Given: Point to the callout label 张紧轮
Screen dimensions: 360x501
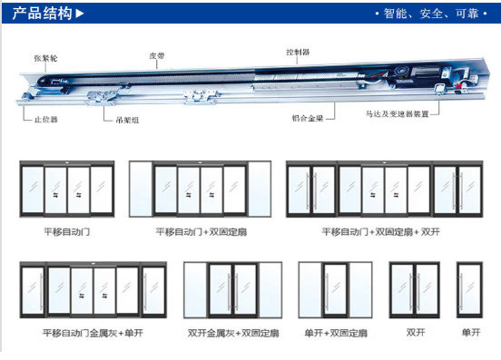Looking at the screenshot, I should (46, 57).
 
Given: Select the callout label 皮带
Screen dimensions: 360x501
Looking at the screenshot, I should (158, 55).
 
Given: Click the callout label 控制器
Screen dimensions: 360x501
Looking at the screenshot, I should (299, 53).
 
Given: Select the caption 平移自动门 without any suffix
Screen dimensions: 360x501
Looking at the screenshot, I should (66, 232).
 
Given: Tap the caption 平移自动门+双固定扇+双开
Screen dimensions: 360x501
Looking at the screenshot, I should (374, 232).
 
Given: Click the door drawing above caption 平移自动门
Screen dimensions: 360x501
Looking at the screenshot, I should (66, 190).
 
